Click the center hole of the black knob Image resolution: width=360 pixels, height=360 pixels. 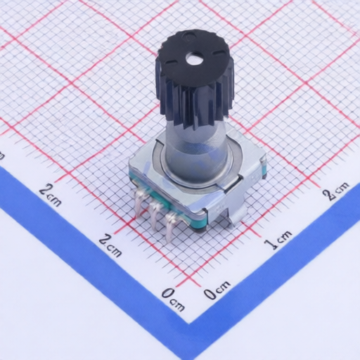click(x=193, y=58)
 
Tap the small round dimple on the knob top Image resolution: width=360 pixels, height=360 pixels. click(x=186, y=36)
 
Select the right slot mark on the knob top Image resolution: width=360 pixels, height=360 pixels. click(x=219, y=51)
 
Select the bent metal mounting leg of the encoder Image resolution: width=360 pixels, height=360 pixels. click(x=236, y=206)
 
